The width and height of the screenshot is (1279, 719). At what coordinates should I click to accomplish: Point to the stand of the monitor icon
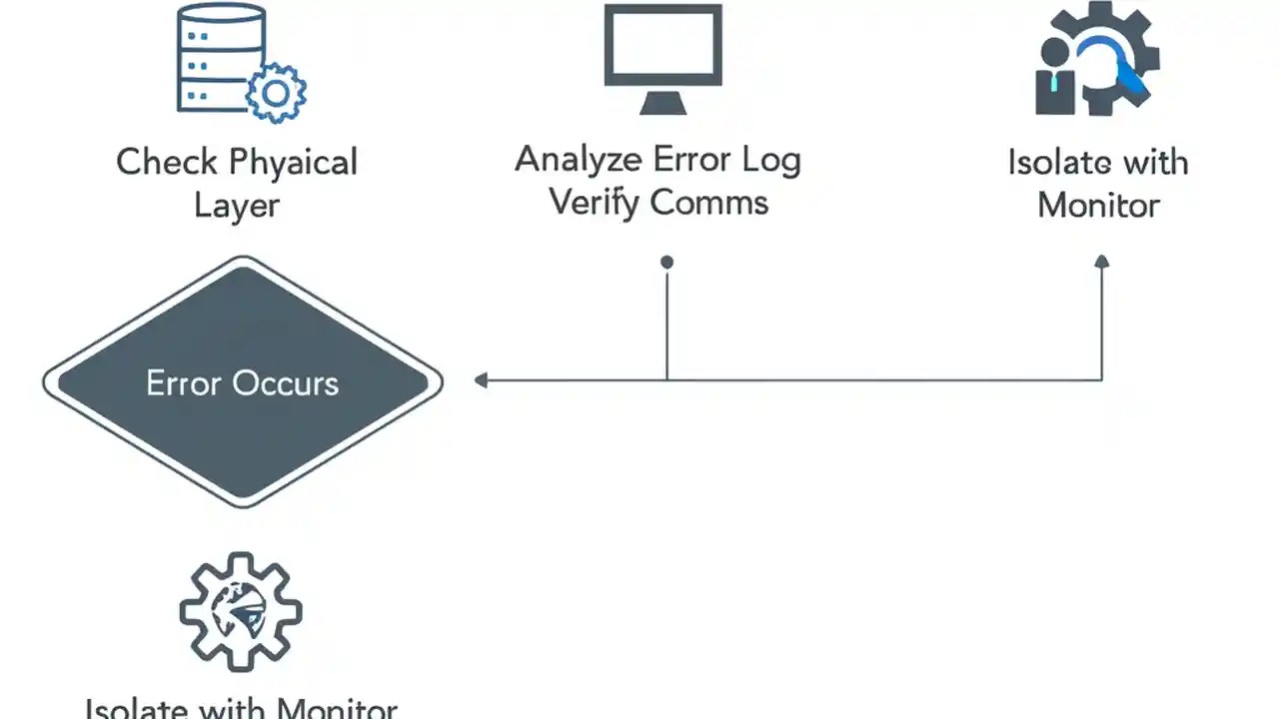point(662,102)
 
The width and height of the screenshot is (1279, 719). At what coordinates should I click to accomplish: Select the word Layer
point(237,206)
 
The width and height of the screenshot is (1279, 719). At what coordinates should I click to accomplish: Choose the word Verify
point(595,203)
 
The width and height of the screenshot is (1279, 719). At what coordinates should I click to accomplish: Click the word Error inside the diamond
point(184,383)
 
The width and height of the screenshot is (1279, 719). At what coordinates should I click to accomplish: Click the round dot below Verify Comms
point(666,263)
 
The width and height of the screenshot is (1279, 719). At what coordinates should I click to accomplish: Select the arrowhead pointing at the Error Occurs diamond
point(482,379)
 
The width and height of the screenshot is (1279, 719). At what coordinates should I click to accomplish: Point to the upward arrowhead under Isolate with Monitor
point(1102,262)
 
